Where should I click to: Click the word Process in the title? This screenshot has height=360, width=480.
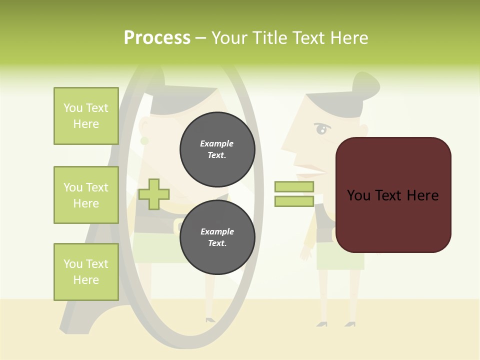coord(157,37)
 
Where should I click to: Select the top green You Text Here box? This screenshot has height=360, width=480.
coord(86,116)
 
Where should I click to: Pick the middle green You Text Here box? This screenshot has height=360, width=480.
coord(86,195)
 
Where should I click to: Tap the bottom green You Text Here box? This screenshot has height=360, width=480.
coord(86,271)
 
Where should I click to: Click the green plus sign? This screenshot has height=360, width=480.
coord(154,194)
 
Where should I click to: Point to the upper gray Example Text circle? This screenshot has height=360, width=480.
coord(217,149)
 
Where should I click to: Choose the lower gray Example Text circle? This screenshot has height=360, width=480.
coord(217,237)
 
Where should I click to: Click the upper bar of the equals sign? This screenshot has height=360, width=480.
coord(294,186)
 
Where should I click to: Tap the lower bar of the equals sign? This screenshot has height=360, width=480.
coord(294,201)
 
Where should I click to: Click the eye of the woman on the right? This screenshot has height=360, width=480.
coord(321,130)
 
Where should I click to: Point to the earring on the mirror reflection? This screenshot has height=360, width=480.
coord(144,141)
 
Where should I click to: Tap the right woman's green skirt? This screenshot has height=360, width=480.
coord(340,257)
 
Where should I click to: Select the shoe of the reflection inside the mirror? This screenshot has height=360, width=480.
coord(210,319)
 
